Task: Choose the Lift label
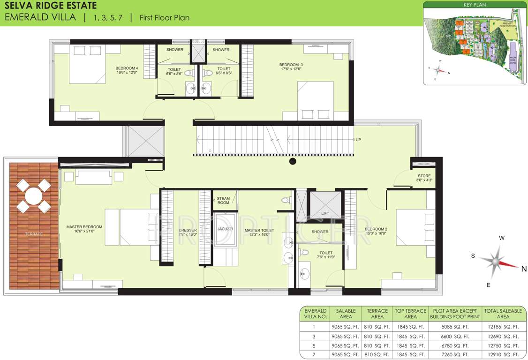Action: coord(325,213)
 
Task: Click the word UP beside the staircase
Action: coord(359,140)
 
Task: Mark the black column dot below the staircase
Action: coord(293,162)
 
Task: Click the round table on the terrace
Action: coord(33,196)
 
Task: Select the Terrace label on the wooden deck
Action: coord(34,234)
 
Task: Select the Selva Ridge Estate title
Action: coord(50,6)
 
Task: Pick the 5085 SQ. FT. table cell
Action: coord(455,327)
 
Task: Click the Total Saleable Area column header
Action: coord(503,314)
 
